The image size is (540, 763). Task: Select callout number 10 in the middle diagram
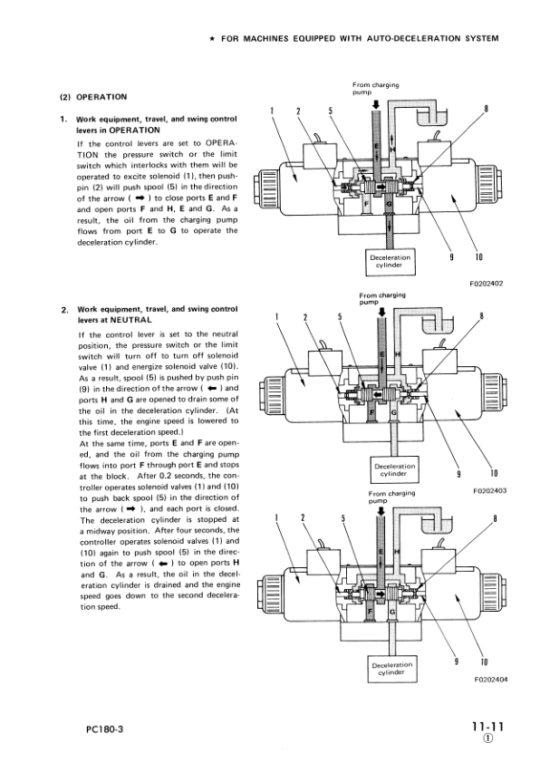point(494,472)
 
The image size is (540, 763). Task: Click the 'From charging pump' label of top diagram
point(375,89)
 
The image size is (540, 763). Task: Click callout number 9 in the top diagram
point(450,257)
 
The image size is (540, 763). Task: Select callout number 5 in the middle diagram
point(339,317)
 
